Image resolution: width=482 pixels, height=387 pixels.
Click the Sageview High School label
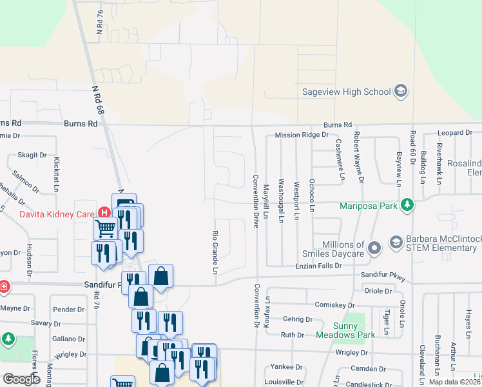click(346, 92)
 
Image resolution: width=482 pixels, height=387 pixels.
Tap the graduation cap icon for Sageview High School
click(401, 91)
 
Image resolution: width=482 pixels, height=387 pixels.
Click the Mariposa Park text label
click(369, 206)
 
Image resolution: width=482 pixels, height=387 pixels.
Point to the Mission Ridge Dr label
click(302, 135)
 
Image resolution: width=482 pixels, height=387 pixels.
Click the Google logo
click(21, 379)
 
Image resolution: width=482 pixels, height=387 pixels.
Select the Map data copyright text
click(454, 382)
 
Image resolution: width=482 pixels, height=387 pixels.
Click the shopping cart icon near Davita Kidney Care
click(105, 227)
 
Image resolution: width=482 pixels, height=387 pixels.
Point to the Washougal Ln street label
click(281, 201)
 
